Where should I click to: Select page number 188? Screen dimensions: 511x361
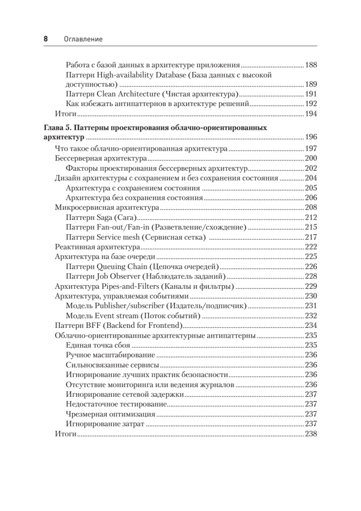click(x=311, y=66)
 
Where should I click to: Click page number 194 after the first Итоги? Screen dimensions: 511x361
click(x=311, y=114)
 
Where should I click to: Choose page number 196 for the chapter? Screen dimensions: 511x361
click(x=311, y=138)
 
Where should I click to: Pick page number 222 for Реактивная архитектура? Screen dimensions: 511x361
click(x=311, y=247)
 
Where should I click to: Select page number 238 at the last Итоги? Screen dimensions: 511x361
click(x=311, y=434)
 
